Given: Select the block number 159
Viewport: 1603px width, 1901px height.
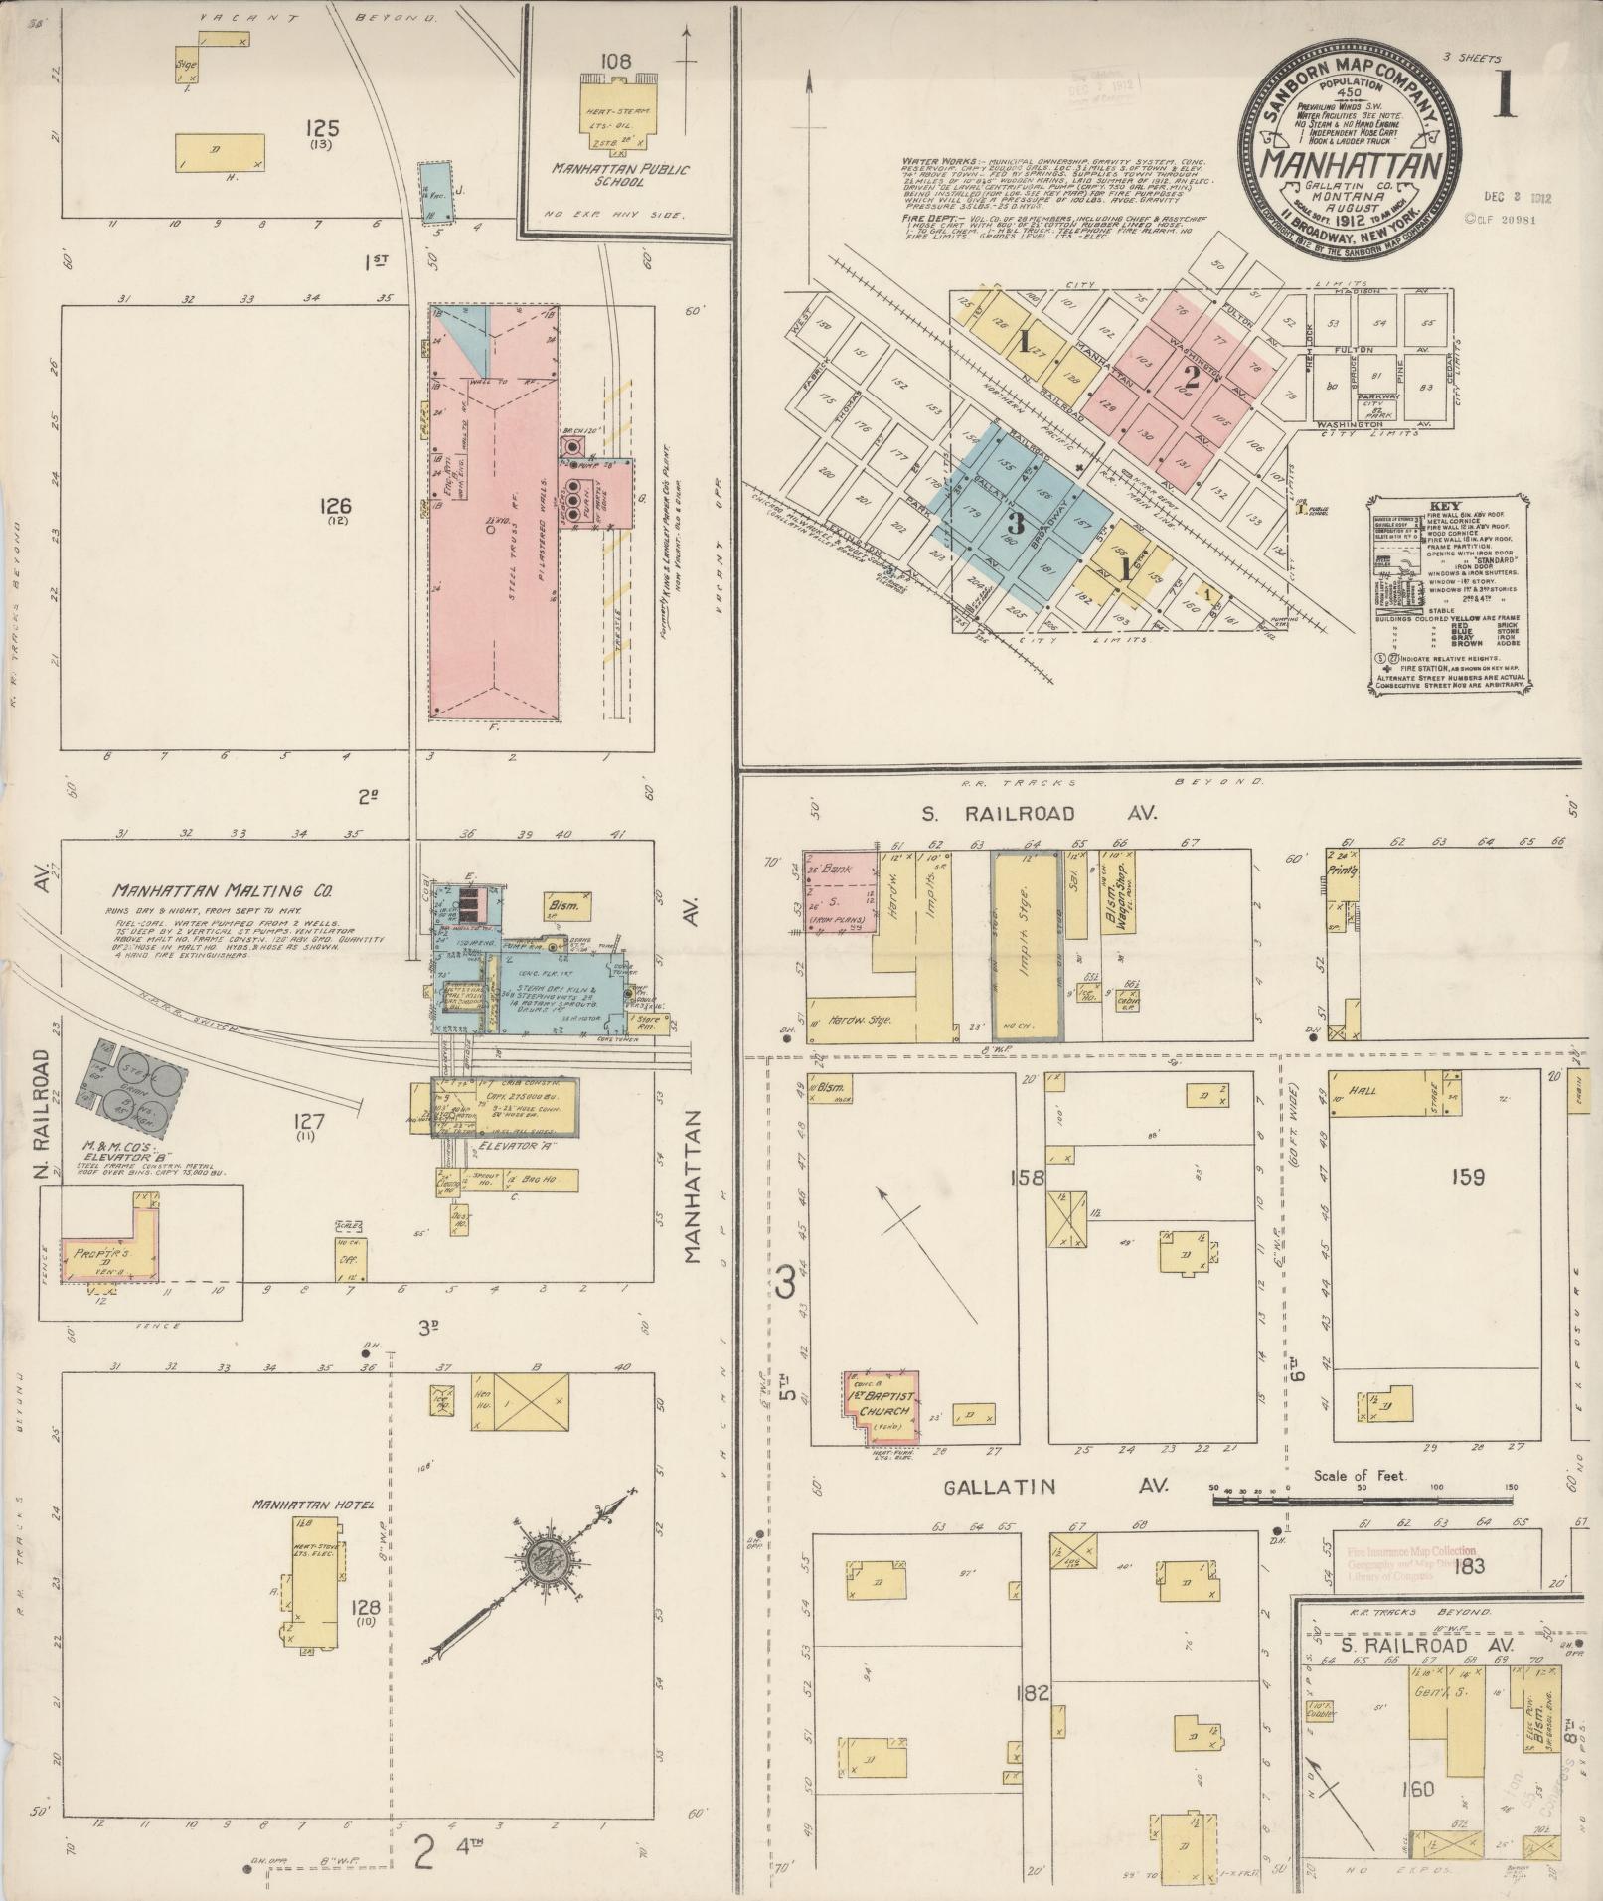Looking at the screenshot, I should click(1466, 1178).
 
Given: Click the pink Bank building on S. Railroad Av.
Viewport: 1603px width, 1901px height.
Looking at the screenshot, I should click(838, 889).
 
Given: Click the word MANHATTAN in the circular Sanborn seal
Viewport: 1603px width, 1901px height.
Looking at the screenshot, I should click(1340, 164).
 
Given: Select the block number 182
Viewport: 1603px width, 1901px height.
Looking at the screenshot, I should click(1034, 1691).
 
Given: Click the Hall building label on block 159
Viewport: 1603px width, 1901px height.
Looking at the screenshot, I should click(1363, 1090).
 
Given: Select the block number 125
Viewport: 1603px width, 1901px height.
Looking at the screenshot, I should click(323, 128).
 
